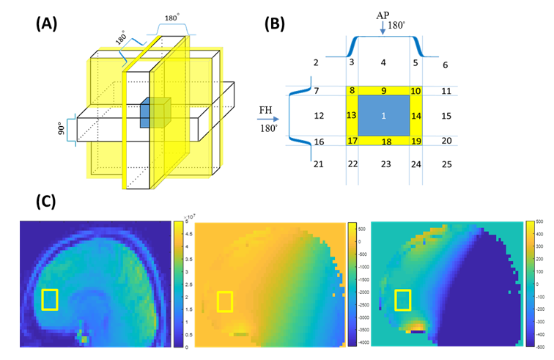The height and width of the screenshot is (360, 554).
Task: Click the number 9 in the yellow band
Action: coord(383,90)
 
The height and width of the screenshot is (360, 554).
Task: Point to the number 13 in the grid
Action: coord(351,115)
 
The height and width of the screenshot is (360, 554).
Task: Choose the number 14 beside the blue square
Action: coord(415,116)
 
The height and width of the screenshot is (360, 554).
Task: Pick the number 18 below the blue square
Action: coord(383,141)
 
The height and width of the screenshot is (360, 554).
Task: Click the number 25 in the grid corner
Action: coord(447,164)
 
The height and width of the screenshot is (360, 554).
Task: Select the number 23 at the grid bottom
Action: coord(383,164)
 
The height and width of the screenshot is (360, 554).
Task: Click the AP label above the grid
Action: coord(383,12)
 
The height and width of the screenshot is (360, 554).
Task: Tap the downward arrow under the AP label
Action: coord(383,29)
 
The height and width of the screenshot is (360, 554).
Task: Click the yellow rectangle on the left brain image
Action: coord(50,300)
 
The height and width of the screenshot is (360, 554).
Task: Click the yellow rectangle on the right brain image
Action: coord(402,299)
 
